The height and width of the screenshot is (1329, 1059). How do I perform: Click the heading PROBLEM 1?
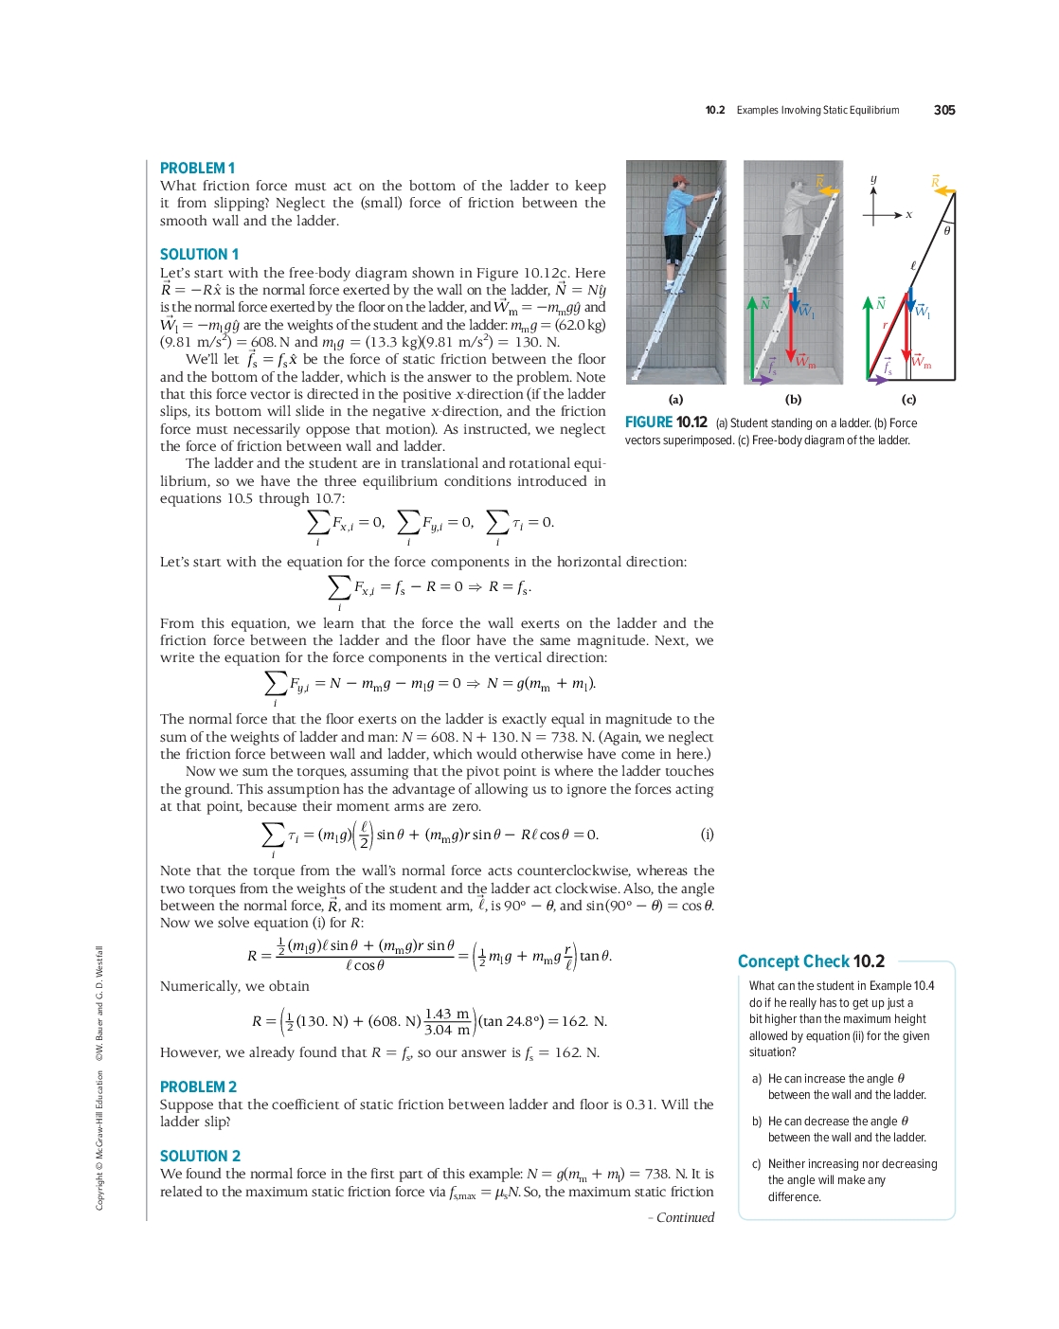[x=197, y=168]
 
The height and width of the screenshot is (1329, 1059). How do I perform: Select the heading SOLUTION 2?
[x=200, y=1156]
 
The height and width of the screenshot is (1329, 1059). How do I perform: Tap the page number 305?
[x=943, y=110]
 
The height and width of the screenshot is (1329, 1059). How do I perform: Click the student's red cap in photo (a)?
[x=680, y=179]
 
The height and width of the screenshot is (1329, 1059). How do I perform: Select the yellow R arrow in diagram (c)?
[x=943, y=190]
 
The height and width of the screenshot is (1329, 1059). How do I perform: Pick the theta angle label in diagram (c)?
[x=946, y=230]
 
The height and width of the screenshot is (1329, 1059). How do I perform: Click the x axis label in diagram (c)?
[x=908, y=215]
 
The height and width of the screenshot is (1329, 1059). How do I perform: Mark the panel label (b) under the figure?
[x=793, y=400]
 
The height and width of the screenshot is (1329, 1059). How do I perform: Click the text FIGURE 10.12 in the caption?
[x=666, y=422]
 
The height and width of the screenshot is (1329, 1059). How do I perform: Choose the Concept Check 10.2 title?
[x=811, y=961]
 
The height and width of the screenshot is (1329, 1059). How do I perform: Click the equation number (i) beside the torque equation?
[x=707, y=835]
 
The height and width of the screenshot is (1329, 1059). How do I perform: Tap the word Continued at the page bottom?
[x=685, y=1217]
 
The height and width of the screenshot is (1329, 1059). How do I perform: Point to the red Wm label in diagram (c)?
[x=922, y=362]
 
